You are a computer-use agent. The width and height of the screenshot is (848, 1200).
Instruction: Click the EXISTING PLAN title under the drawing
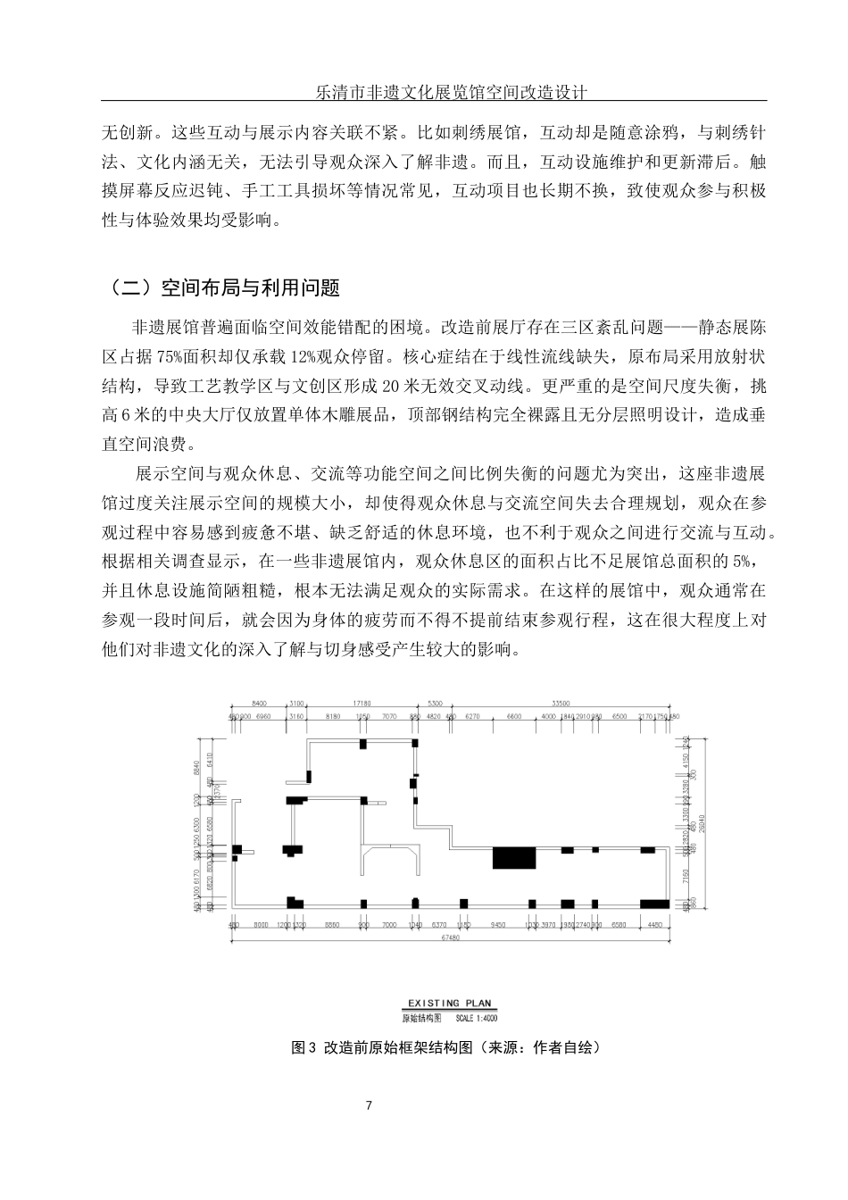click(449, 1004)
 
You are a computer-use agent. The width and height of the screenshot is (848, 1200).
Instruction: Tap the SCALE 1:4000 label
click(476, 1018)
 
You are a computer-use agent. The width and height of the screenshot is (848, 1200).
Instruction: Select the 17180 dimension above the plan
click(362, 704)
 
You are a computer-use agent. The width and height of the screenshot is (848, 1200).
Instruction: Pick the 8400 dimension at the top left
click(260, 704)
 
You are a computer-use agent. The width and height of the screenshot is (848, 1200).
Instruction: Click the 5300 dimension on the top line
click(435, 704)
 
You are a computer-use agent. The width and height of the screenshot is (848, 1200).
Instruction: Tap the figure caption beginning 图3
click(446, 1047)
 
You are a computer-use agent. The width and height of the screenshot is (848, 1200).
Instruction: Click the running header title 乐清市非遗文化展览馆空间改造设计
click(445, 92)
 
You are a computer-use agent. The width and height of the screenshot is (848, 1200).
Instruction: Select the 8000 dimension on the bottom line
click(261, 925)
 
